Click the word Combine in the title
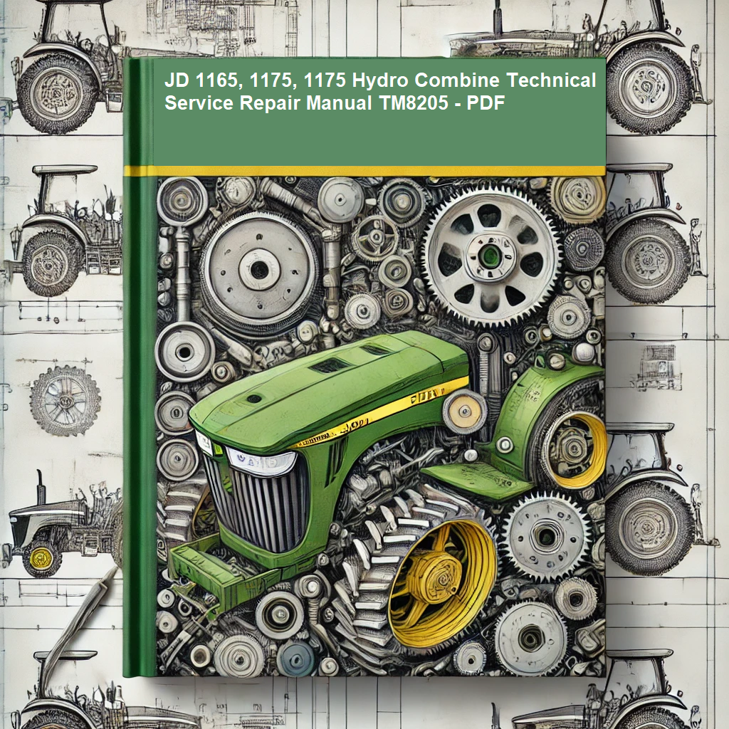coord(457,80)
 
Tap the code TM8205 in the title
coord(414,103)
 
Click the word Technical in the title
coord(551,80)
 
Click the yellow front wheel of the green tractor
coord(441,584)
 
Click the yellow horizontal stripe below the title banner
coord(365,171)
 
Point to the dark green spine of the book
coord(140,367)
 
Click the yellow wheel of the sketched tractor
coord(41,557)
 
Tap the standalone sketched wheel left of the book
coord(65,400)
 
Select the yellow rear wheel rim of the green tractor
coord(577,449)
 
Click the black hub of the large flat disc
coord(259,270)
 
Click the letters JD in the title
coord(177,80)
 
